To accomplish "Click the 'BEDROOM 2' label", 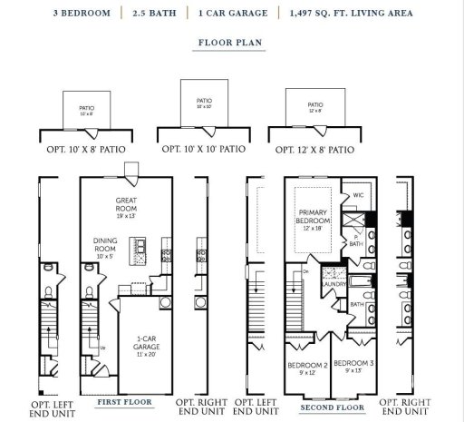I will (306, 369).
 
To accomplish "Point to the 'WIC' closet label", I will (357, 196).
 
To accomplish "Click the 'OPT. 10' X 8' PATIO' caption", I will (86, 147).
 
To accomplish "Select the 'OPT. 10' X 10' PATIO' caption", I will (204, 147).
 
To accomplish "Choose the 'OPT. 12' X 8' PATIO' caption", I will (318, 147).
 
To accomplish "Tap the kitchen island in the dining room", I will (140, 246).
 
